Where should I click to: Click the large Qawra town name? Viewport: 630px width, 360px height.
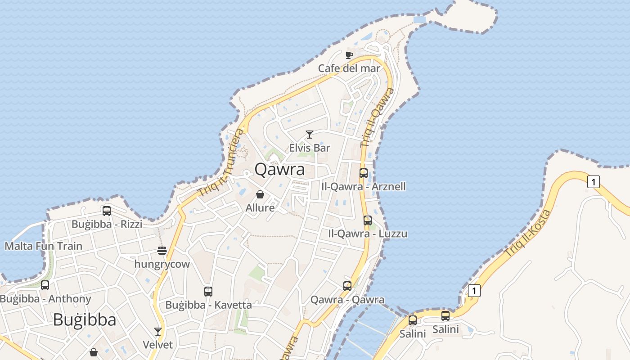[x=279, y=170]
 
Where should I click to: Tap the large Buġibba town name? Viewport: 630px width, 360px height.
[x=85, y=320]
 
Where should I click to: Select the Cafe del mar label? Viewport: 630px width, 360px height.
[x=349, y=68]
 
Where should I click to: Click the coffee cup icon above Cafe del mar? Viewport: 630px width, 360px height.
[x=349, y=55]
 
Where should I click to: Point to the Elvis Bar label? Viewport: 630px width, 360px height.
[x=310, y=148]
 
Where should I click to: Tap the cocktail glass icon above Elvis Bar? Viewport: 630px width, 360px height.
[x=309, y=135]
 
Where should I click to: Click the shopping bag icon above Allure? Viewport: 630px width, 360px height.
[x=260, y=194]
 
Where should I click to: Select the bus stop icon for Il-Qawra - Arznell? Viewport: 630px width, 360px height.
[x=364, y=173]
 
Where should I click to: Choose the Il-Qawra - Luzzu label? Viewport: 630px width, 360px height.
[x=368, y=234]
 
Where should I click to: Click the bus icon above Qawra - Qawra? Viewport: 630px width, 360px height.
[x=347, y=286]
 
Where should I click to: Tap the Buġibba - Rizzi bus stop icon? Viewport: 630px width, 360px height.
[x=107, y=211]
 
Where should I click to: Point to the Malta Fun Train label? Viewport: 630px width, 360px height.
[x=44, y=246]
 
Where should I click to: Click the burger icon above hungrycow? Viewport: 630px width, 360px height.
[x=162, y=250]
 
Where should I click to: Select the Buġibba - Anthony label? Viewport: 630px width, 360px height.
[x=45, y=299]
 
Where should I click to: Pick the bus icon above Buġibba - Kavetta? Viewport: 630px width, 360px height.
[x=208, y=291]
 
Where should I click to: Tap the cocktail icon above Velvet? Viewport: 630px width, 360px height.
[x=157, y=332]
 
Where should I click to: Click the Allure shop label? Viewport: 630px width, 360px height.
[x=260, y=208]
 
